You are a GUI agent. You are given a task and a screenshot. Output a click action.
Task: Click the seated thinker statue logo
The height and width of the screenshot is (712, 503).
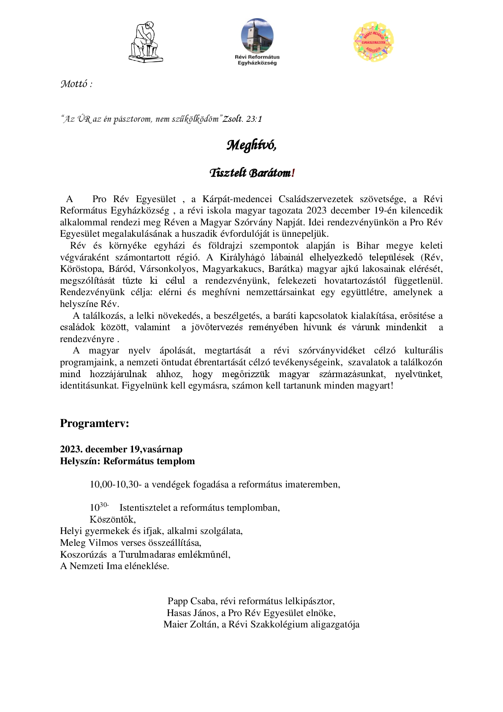[146, 42]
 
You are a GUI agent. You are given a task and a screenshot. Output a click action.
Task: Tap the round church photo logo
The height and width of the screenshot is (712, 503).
[257, 36]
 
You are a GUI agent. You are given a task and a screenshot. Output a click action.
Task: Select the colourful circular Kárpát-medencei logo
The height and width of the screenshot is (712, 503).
[373, 41]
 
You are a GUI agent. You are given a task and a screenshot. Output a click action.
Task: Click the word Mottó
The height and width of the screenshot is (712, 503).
[74, 84]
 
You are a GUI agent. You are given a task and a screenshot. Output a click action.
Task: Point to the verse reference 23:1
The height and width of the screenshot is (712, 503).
[254, 119]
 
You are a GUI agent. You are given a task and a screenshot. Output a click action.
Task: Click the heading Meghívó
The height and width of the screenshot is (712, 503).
[251, 145]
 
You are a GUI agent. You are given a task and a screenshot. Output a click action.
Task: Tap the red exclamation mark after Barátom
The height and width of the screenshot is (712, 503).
[293, 173]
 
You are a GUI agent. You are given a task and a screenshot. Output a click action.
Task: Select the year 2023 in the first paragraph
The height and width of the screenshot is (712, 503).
[317, 211]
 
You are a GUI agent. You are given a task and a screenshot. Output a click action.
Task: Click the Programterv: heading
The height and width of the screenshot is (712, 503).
[94, 423]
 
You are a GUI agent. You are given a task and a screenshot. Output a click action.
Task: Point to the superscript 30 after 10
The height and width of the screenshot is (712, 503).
[104, 505]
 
